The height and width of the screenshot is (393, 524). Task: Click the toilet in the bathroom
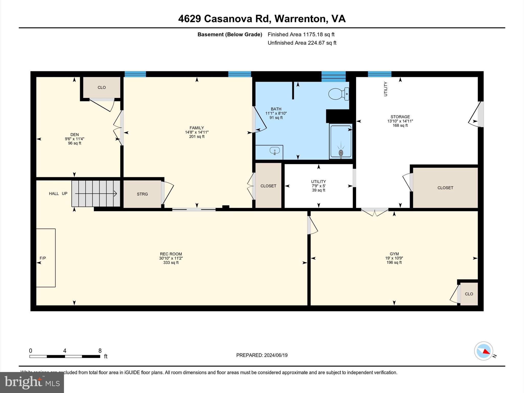(338, 94)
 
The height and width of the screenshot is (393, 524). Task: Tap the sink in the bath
(275, 151)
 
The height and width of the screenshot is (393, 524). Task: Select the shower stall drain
(341, 153)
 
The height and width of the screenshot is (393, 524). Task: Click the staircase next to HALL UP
(96, 193)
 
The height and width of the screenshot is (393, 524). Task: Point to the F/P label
(43, 258)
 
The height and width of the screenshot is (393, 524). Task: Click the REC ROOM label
(171, 254)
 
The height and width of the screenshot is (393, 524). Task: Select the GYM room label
(394, 254)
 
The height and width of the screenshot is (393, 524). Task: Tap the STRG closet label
(142, 194)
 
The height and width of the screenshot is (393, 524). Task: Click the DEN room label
(74, 135)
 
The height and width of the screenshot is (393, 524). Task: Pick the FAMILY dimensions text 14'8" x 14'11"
(197, 132)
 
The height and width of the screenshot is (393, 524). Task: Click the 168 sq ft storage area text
(400, 125)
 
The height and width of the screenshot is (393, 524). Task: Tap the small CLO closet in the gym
(469, 294)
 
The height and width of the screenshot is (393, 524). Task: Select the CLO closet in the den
(102, 88)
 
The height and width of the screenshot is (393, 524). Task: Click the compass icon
(483, 351)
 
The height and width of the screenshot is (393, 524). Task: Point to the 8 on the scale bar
(100, 351)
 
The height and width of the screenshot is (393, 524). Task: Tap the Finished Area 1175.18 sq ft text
(301, 35)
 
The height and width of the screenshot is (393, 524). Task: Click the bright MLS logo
(32, 382)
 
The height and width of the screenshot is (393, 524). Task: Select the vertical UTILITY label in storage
(386, 89)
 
